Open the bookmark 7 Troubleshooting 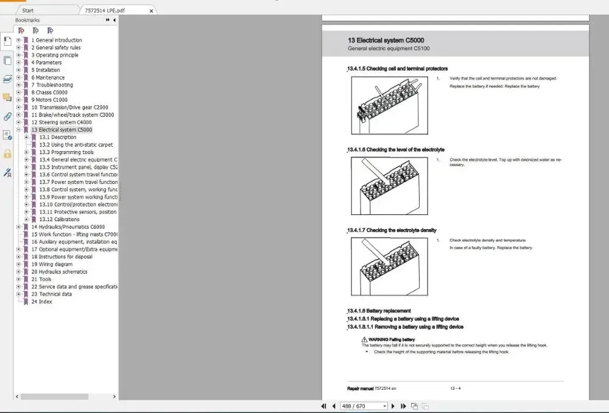click(54, 85)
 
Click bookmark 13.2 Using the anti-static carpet click(76, 145)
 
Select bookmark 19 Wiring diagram click(52, 264)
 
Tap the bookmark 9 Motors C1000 click(49, 100)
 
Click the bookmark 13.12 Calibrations click(59, 219)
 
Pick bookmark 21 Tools click(41, 280)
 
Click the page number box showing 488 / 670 click(364, 406)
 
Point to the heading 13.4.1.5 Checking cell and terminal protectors click(398, 69)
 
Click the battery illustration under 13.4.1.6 click(390, 186)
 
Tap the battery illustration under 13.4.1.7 click(390, 266)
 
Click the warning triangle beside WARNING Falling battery click(365, 339)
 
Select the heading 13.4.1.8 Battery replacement click(379, 311)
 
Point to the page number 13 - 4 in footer click(455, 388)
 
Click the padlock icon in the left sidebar click(7, 154)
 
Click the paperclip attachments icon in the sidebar click(7, 116)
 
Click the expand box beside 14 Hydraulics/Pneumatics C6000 click(19, 227)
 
